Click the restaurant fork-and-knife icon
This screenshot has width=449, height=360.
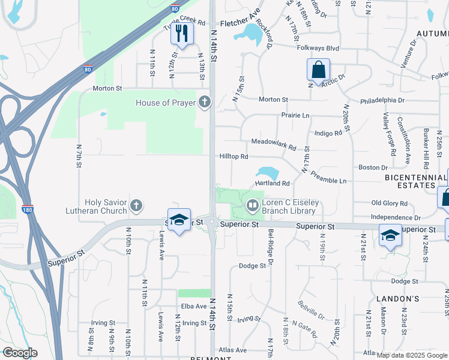click(182, 34)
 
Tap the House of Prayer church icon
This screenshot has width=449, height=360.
click(205, 102)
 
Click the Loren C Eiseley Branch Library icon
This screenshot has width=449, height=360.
click(253, 206)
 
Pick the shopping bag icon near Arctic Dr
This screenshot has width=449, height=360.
click(318, 69)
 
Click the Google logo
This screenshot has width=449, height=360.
click(20, 353)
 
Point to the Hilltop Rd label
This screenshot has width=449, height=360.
click(234, 156)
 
